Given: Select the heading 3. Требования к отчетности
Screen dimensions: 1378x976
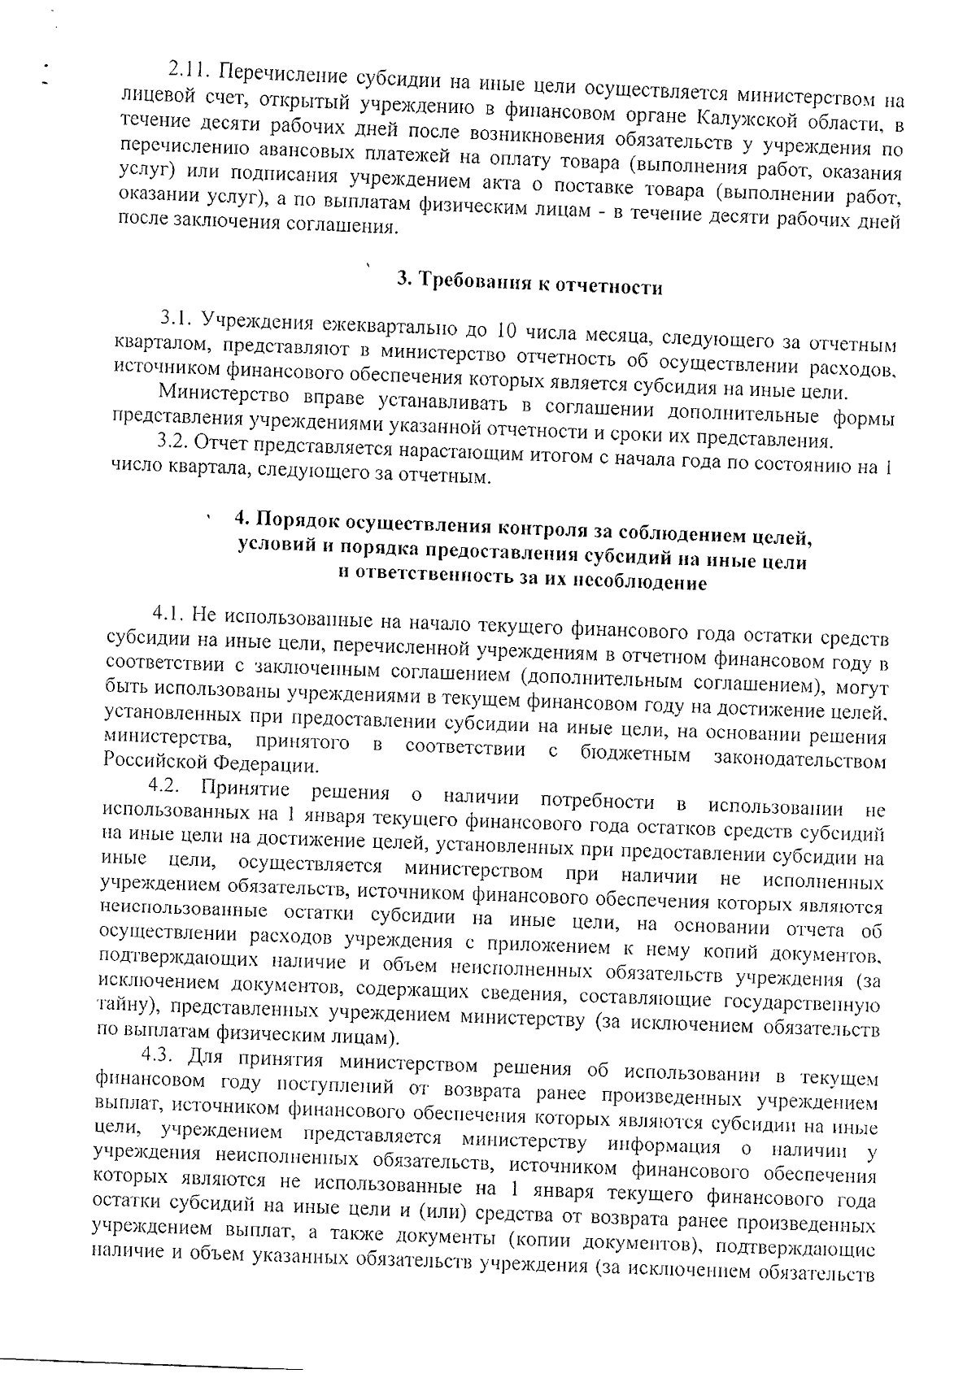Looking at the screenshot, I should click(529, 285).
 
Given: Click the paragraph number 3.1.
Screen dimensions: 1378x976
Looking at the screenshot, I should click(176, 318).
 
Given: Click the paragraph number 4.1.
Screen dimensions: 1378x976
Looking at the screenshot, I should click(170, 613).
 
